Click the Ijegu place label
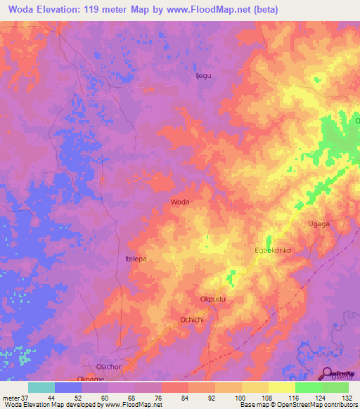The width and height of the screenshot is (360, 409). tap(203, 76)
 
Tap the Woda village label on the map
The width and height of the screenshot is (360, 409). tap(180, 202)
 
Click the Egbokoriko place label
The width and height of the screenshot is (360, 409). tap(272, 250)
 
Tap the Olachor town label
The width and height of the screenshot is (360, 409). tap(109, 367)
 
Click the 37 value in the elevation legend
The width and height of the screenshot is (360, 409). tap(25, 397)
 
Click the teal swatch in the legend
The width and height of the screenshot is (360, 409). tap(41, 387)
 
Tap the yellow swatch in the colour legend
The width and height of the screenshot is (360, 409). tap(282, 387)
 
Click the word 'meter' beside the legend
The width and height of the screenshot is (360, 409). tap(11, 397)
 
